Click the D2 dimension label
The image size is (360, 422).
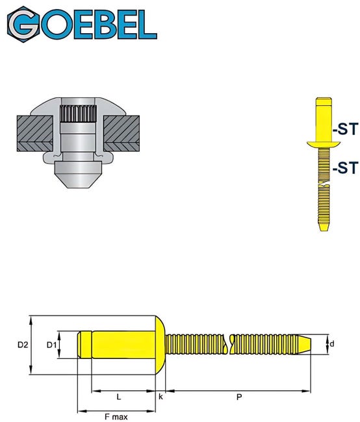[x=21, y=345]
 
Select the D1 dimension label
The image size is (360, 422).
[x=51, y=345]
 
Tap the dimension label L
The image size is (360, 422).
[x=118, y=396]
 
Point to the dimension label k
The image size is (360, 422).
[x=161, y=395]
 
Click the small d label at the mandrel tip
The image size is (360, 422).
[x=331, y=344]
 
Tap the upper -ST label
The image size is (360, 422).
[x=344, y=130]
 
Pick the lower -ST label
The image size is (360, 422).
[x=344, y=168]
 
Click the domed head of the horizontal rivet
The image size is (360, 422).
[x=159, y=345]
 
